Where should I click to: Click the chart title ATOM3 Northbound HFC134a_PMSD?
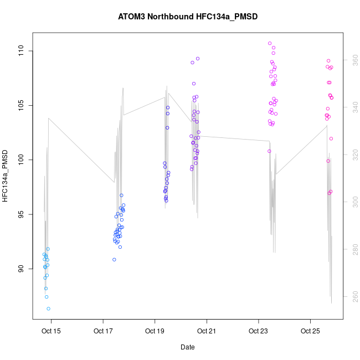pyautogui.click(x=188, y=17)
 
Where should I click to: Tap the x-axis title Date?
pyautogui.click(x=188, y=347)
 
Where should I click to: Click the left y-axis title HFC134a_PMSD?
pyautogui.click(x=6, y=175)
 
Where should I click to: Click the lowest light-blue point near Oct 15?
pyautogui.click(x=49, y=308)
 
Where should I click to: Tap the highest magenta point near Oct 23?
pyautogui.click(x=270, y=43)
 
